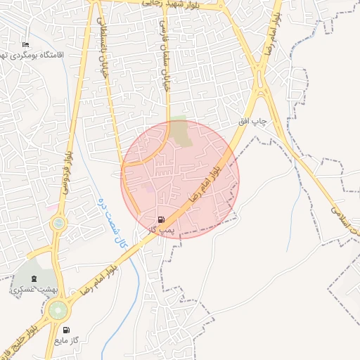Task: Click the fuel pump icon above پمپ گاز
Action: pyautogui.click(x=163, y=219)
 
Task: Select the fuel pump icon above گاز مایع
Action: pyautogui.click(x=67, y=330)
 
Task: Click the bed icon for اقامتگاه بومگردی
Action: pyautogui.click(x=26, y=45)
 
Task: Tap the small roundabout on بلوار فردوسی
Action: pyautogui.click(x=58, y=224)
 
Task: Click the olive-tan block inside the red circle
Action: pyautogui.click(x=181, y=133)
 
